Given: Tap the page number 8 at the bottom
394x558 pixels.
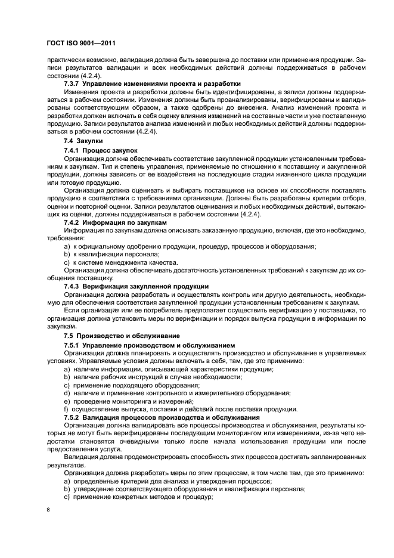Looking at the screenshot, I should coord(49,510).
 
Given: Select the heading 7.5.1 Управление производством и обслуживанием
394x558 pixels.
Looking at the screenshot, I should coord(149,345).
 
